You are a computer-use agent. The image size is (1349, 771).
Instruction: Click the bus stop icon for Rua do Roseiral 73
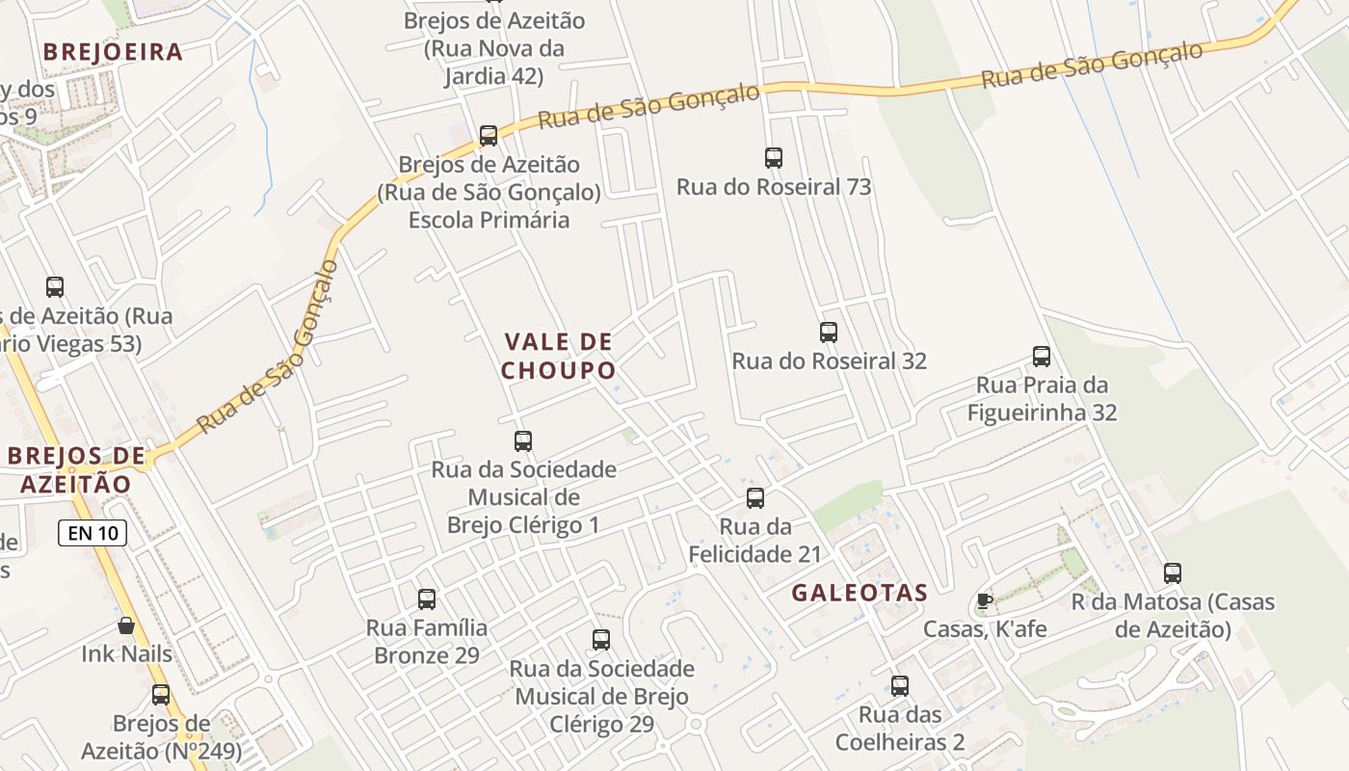(773, 158)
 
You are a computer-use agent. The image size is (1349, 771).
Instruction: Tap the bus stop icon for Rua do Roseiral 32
(828, 332)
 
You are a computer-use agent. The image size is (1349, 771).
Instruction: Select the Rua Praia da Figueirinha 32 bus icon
(1042, 357)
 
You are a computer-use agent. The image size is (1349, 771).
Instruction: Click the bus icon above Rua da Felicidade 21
(755, 498)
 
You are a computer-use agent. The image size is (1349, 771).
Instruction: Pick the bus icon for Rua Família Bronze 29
(427, 599)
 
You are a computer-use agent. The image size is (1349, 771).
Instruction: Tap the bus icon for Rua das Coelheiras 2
(900, 686)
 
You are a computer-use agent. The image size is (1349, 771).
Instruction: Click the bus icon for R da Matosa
(1173, 573)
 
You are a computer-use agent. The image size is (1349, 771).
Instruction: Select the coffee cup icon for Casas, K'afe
(984, 601)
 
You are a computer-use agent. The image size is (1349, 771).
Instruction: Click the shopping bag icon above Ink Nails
(126, 625)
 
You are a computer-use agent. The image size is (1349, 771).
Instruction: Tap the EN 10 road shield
(93, 532)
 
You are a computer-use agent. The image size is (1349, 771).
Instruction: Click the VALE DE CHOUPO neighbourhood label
(558, 356)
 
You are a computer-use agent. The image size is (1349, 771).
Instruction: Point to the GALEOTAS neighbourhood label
(860, 593)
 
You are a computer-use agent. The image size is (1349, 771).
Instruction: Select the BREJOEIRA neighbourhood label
(114, 52)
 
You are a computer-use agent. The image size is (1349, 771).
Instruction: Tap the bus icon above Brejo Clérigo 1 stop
(523, 441)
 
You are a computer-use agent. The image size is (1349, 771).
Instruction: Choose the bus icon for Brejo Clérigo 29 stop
(601, 639)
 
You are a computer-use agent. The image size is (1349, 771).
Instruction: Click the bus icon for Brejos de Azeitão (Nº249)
(161, 695)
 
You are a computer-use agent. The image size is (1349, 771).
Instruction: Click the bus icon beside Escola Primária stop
(489, 136)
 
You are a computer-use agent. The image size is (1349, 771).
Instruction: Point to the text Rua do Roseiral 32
(829, 360)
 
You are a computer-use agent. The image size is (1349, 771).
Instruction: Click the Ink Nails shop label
(126, 653)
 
